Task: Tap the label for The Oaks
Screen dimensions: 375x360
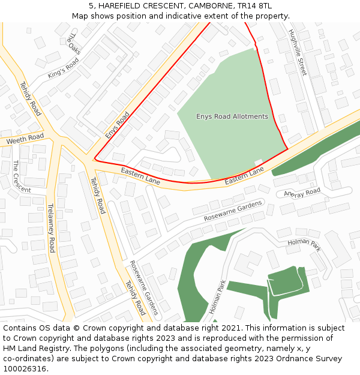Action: pos(73,43)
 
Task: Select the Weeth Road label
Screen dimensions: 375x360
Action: pos(25,139)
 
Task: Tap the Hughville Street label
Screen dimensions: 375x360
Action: pos(297,52)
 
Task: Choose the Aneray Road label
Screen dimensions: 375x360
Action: pos(302,193)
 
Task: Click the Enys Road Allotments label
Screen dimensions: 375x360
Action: pos(232,116)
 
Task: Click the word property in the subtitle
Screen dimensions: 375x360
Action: pos(271,16)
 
